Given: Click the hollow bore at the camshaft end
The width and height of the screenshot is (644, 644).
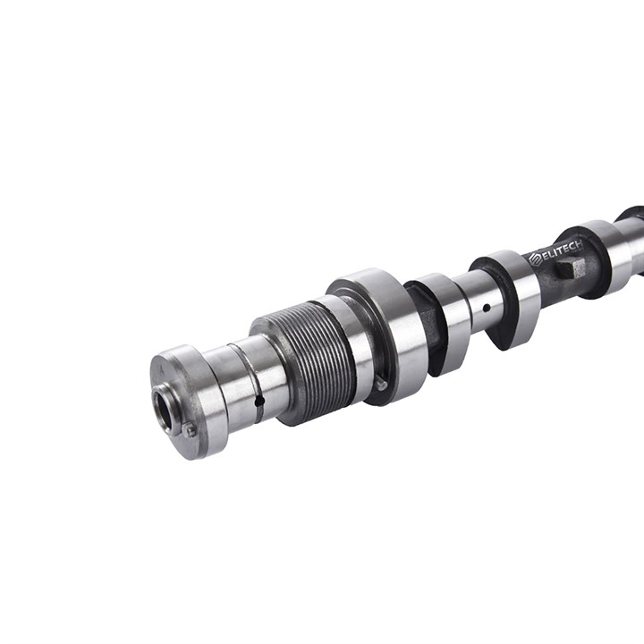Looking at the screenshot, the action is (x=165, y=407).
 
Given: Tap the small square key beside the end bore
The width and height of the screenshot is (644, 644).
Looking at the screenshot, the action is (x=190, y=430).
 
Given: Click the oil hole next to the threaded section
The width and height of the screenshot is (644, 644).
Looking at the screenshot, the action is (x=259, y=402).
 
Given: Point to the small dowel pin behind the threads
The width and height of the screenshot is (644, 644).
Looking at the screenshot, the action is (x=382, y=383).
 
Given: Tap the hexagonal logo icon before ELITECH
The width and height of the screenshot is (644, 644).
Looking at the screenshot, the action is (x=534, y=258).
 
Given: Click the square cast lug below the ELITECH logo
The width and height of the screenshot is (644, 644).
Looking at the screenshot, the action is (x=572, y=269).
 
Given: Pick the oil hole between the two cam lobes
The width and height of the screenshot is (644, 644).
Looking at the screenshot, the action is (x=486, y=307).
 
